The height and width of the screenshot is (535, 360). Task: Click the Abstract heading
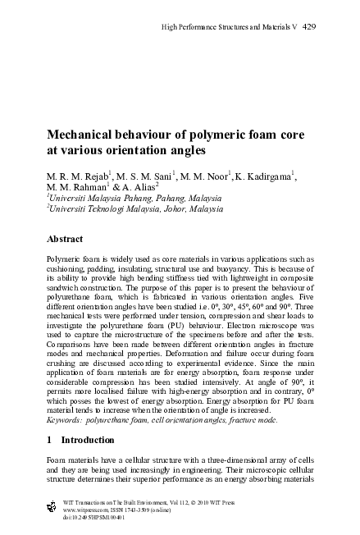coord(66,240)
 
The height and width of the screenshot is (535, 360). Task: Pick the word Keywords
coord(67,419)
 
